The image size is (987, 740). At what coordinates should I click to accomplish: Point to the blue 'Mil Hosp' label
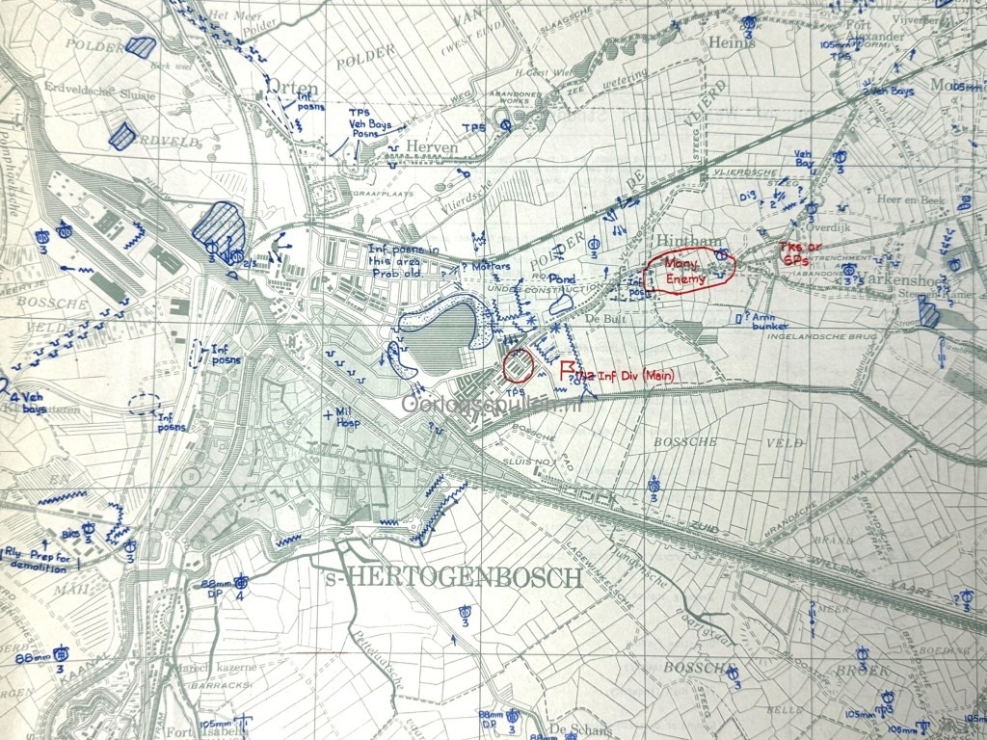pos(344,417)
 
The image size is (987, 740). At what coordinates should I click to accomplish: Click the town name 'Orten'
pos(292,87)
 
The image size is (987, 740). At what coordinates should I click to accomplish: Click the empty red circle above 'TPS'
pos(519,366)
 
